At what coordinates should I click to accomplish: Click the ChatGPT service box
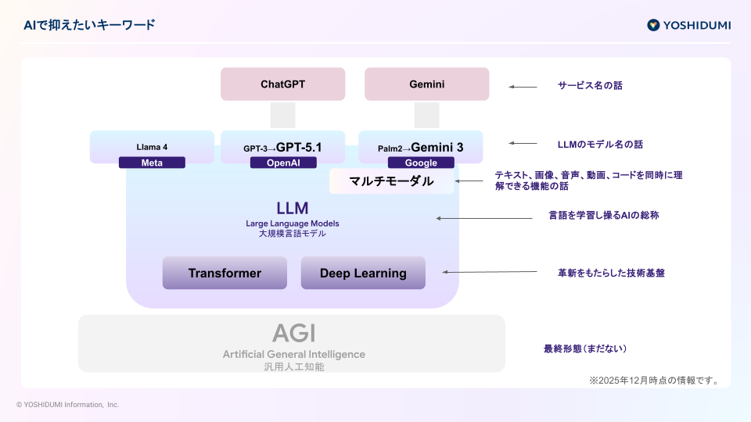[x=282, y=84]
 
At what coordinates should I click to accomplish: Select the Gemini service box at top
[x=426, y=84]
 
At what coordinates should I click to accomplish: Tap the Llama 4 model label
[x=152, y=146]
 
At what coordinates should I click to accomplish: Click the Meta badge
[x=152, y=163]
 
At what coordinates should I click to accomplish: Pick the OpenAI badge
[x=283, y=163]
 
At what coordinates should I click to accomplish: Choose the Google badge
[x=421, y=163]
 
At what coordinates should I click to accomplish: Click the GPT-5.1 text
[x=299, y=146]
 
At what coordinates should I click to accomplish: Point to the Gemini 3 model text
[x=437, y=146]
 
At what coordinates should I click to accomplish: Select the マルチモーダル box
[x=391, y=181]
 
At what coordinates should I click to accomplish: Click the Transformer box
[x=225, y=273]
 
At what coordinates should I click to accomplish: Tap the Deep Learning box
[x=363, y=273]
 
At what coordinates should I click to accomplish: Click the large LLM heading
[x=292, y=208]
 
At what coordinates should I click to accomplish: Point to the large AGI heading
[x=293, y=334]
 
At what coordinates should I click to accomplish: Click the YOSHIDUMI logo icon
[x=653, y=25]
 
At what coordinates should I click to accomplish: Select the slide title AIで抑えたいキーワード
[x=88, y=25]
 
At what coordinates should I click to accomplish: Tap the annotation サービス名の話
[x=590, y=85]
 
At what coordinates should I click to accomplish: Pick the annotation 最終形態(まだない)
[x=585, y=349]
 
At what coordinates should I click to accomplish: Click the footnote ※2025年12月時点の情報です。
[x=653, y=381]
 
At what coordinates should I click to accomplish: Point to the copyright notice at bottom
[x=67, y=405]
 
